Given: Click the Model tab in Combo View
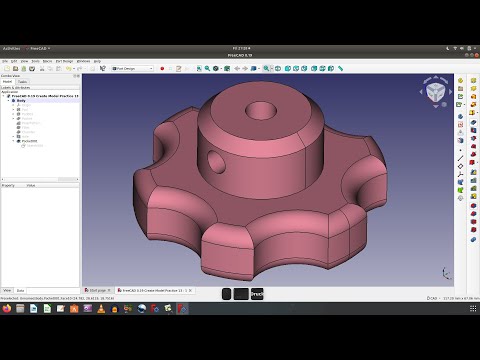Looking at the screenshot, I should point(8,82).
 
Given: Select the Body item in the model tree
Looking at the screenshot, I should point(20,101).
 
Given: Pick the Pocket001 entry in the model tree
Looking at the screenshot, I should point(30,142).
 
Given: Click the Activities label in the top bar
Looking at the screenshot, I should point(12,47).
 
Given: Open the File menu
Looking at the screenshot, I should point(5,60).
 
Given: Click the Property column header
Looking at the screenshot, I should point(9,185).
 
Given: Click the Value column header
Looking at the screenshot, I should point(31,185).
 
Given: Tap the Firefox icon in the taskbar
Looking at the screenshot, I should point(8,309).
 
